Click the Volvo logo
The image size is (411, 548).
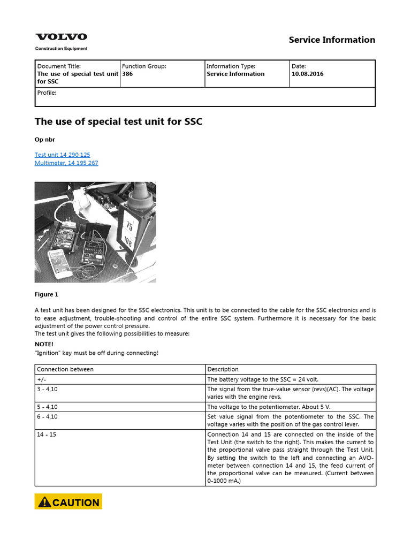[x=61, y=37]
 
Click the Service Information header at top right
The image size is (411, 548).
[x=332, y=40]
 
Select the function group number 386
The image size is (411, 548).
[x=127, y=74]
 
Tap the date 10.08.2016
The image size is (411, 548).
[x=307, y=74]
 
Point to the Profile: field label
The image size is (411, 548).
[x=47, y=93]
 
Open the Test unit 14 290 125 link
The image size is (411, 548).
[x=62, y=155]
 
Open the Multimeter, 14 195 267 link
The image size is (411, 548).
[x=66, y=163]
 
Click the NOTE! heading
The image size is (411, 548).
[x=44, y=344]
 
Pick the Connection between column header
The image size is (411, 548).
[x=65, y=369]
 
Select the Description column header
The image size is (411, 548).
[x=223, y=369]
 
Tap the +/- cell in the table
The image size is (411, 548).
[x=41, y=379]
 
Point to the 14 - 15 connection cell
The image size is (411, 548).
[x=46, y=434]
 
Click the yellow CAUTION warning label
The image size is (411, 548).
[x=68, y=502]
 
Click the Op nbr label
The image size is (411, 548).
[x=45, y=139]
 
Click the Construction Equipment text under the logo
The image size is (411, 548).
[x=61, y=48]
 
